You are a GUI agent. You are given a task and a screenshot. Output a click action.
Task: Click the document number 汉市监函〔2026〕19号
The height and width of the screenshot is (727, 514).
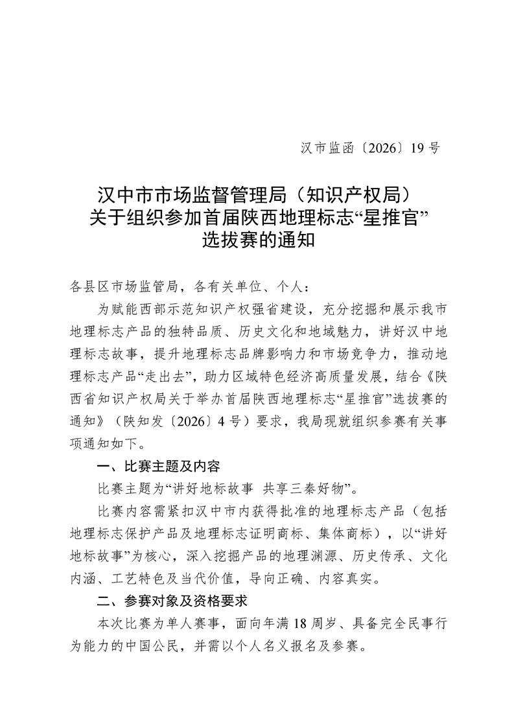(x=370, y=148)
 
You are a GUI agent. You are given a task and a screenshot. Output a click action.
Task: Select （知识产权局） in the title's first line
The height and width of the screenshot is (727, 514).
(x=351, y=194)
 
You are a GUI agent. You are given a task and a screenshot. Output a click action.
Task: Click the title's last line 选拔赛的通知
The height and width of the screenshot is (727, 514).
(x=257, y=240)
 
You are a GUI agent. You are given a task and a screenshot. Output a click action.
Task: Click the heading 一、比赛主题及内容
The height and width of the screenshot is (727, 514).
(x=158, y=467)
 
